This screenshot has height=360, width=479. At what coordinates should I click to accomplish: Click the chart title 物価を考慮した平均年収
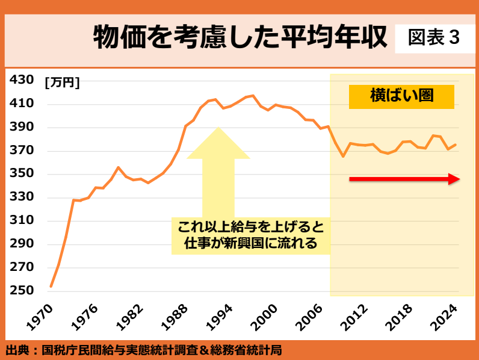pyautogui.click(x=239, y=39)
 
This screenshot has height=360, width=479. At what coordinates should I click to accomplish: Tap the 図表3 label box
pyautogui.click(x=433, y=38)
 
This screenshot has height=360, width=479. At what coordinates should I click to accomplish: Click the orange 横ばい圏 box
pyautogui.click(x=401, y=96)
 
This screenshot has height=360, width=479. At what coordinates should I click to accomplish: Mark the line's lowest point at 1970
pyautogui.click(x=51, y=286)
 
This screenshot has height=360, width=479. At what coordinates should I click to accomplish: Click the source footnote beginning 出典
pyautogui.click(x=144, y=349)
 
